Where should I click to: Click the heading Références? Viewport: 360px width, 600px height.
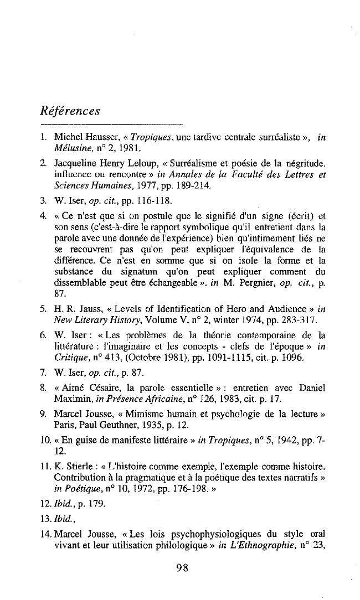click(70, 111)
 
